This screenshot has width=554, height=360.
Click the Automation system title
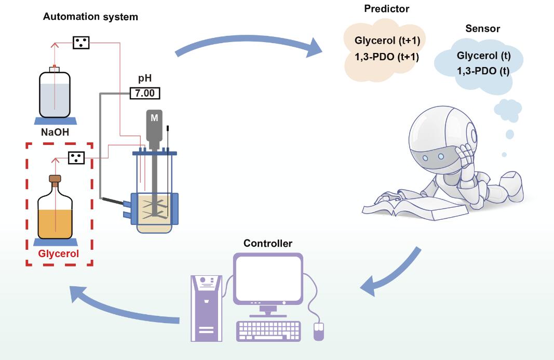click(90, 17)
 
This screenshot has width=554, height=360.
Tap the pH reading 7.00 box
click(145, 94)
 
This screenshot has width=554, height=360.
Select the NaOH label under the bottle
click(55, 132)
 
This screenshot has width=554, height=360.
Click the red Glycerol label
click(59, 254)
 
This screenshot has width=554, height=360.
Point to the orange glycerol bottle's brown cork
click(55, 179)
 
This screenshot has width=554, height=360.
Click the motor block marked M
click(154, 118)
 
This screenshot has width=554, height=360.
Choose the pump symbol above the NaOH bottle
click(80, 42)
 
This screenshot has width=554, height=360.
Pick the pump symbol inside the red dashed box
click(76, 157)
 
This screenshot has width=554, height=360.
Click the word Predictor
click(386, 9)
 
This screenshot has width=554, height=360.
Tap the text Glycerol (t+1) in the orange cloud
click(386, 41)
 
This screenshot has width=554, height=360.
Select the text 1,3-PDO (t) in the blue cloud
click(483, 71)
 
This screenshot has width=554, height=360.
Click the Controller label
click(268, 244)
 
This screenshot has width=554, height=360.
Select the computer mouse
click(319, 331)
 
